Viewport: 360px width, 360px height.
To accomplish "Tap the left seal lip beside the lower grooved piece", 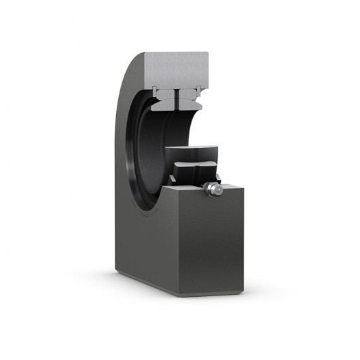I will (173, 178).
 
